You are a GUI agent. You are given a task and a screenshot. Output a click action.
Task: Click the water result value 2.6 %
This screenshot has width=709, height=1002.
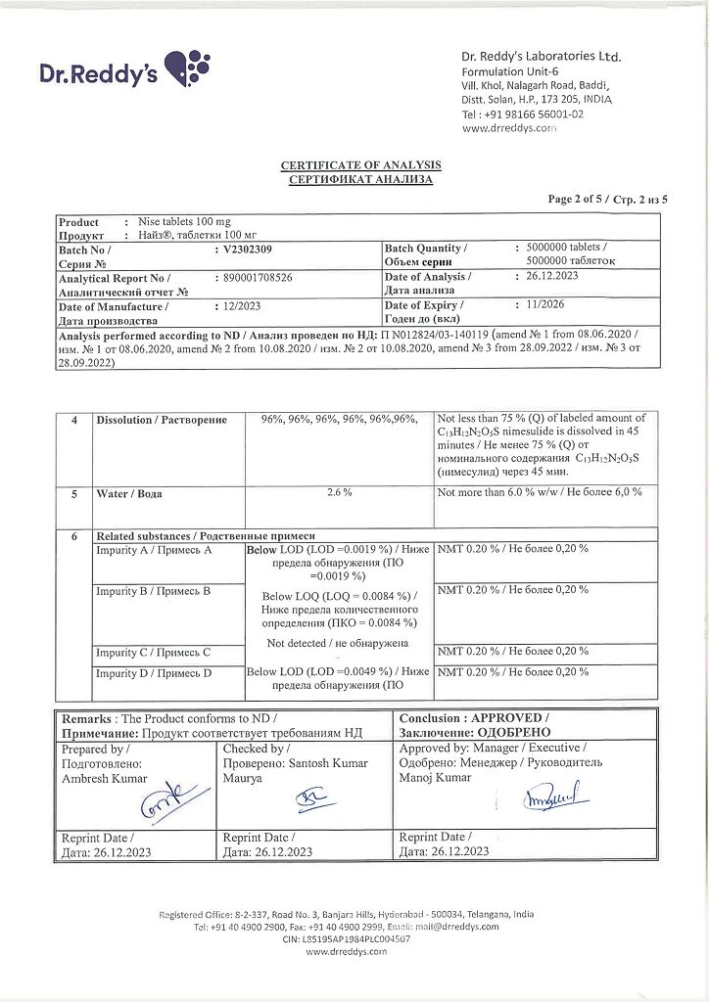coord(339,492)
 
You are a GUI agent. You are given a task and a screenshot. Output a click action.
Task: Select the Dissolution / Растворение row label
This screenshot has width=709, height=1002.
coord(162,420)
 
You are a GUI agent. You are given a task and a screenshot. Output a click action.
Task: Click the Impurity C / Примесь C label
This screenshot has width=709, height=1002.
coord(153,652)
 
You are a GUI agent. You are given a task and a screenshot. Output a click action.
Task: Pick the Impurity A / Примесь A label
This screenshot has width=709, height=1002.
coord(154,550)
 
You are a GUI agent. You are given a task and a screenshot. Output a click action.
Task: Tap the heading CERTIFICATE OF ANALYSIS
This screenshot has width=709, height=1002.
coord(360,164)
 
